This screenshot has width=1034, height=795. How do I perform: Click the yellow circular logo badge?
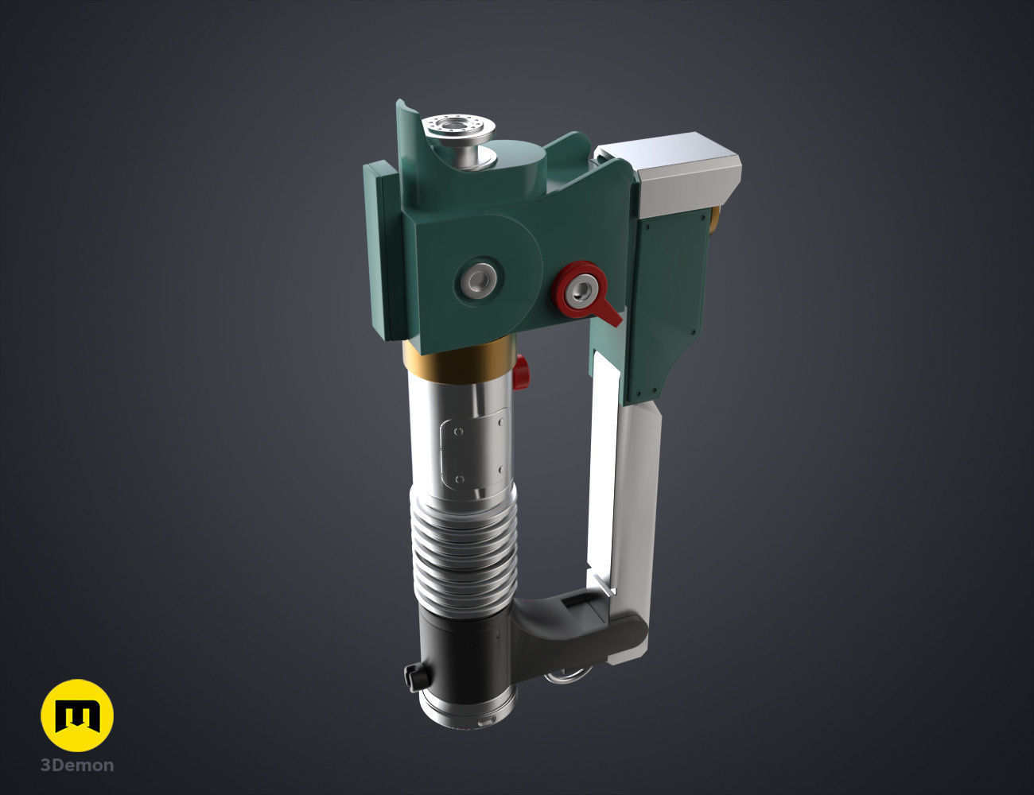[77, 715]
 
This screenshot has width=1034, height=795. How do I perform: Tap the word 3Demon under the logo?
[77, 766]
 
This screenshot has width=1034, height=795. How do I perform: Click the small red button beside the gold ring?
[522, 371]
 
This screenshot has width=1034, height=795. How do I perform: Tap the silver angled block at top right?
[684, 175]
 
